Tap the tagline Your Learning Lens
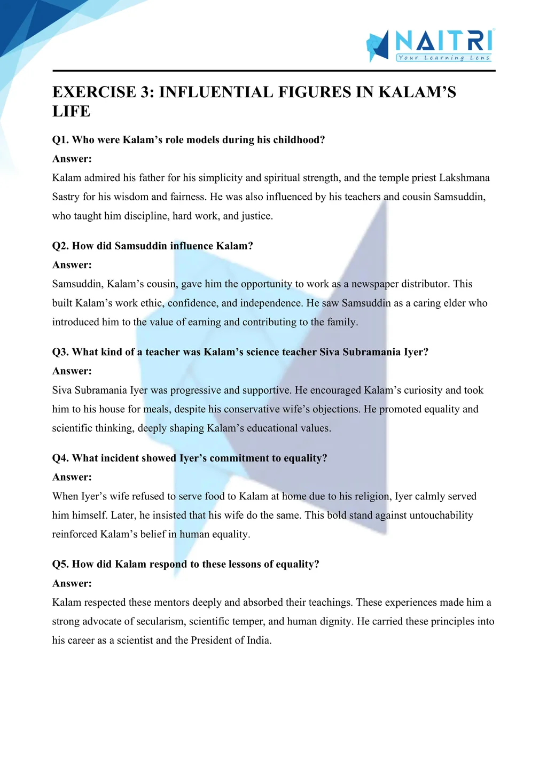[444, 58]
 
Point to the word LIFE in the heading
[71, 111]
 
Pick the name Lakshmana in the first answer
[464, 178]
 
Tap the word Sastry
[66, 197]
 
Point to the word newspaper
[375, 284]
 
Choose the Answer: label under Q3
[72, 371]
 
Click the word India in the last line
[259, 640]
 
